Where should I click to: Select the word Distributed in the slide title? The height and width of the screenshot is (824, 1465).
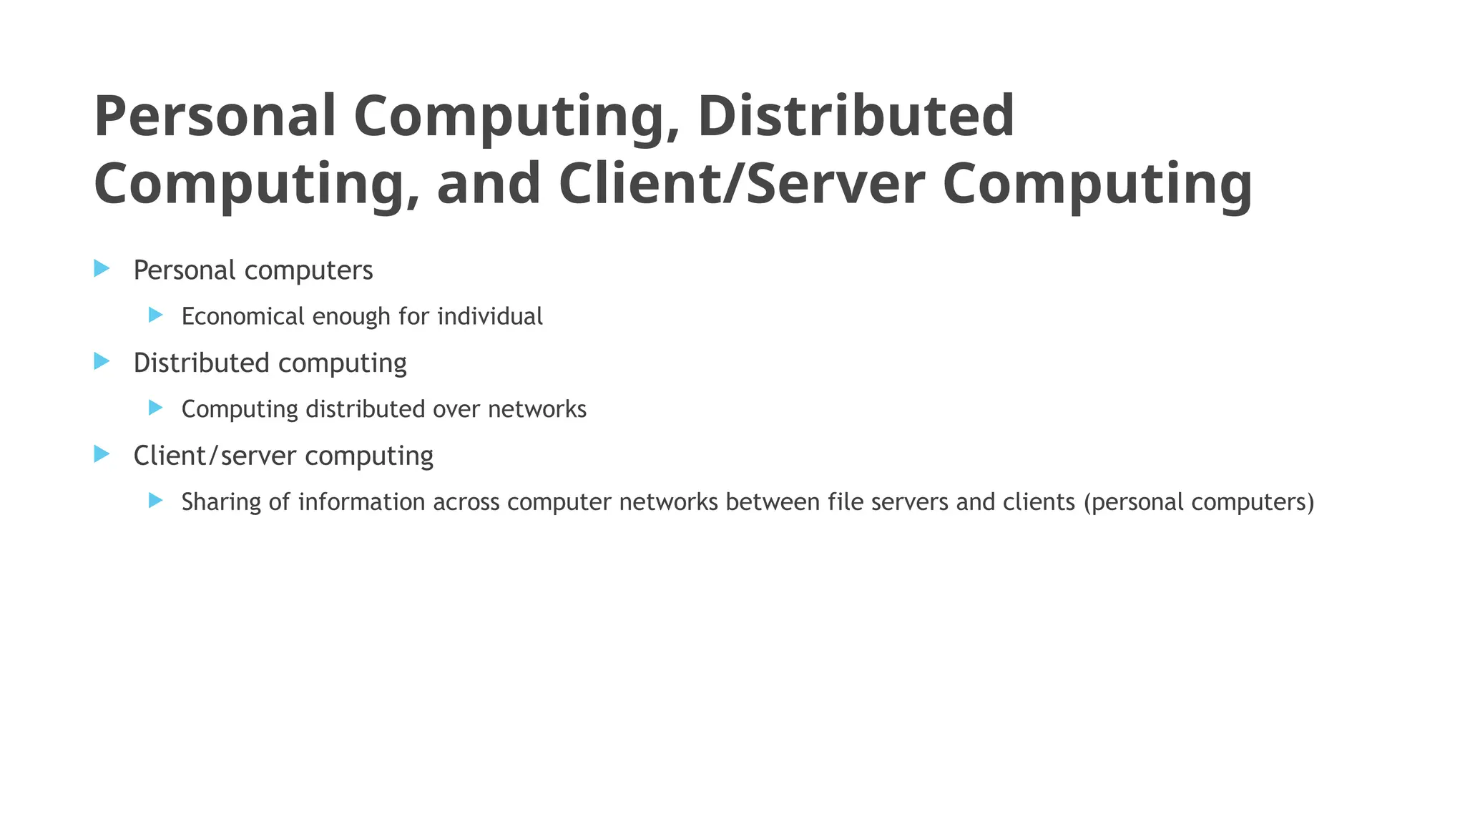click(x=856, y=117)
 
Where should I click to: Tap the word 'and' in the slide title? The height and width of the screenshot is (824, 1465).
click(x=489, y=184)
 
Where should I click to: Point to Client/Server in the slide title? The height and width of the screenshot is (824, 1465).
click(x=741, y=184)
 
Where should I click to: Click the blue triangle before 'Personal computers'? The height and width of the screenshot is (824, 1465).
click(x=102, y=269)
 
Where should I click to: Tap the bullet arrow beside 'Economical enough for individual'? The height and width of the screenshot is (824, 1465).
click(x=156, y=315)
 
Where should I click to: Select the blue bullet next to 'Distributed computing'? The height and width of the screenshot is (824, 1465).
click(x=102, y=361)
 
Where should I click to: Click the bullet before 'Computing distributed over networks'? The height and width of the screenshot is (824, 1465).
click(x=156, y=408)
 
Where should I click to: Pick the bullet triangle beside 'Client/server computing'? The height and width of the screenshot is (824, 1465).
click(x=102, y=454)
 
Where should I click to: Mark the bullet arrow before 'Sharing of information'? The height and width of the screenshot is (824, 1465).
click(x=156, y=500)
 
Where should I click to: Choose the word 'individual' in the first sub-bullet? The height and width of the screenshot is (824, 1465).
click(x=490, y=316)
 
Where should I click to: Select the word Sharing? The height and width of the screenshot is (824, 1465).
click(x=221, y=503)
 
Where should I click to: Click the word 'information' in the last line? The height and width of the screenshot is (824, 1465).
click(x=361, y=502)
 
